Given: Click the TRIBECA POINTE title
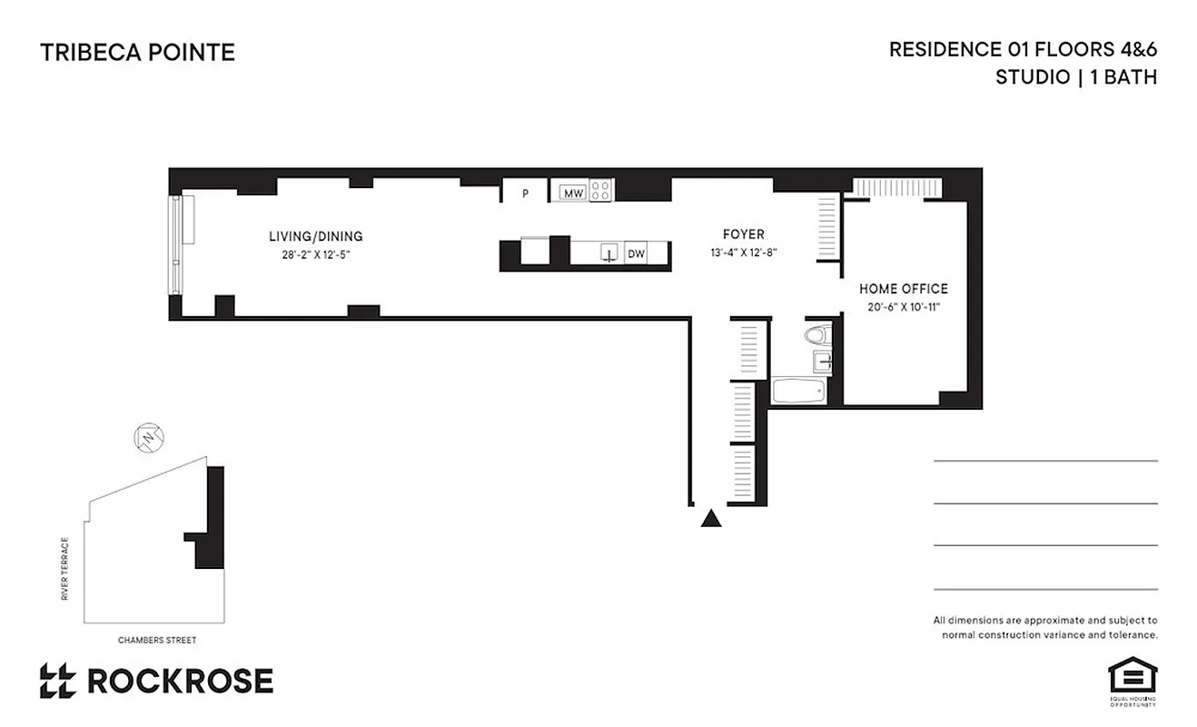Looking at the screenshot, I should tap(137, 53).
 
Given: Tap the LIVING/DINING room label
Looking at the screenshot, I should tap(315, 237).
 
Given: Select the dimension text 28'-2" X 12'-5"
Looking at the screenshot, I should tap(315, 255).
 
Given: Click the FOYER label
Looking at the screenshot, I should tap(744, 234).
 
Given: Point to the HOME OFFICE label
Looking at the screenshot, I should tap(904, 289).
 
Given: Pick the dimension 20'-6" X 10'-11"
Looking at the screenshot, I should tap(904, 307).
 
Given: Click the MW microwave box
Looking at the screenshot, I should tap(572, 193).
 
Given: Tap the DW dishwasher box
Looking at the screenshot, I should tap(636, 254).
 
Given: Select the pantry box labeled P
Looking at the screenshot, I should tap(525, 193).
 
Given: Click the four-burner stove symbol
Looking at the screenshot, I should tap(600, 191).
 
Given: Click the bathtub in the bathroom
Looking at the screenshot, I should tap(798, 392).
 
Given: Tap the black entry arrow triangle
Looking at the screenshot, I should tap(711, 519).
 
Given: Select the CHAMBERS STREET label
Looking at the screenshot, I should tap(157, 640).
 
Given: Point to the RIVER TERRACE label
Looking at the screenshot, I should tap(65, 570).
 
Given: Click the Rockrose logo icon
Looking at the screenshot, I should tap(59, 681).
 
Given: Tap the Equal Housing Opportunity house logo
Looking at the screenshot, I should tap(1132, 678).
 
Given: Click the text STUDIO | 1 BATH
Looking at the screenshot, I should tap(1075, 77).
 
